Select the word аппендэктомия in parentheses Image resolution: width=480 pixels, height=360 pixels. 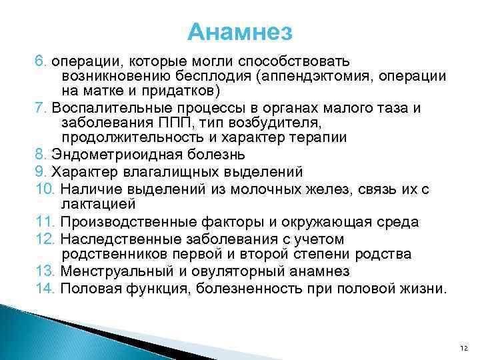coord(309,75)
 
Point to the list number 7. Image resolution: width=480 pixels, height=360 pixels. coord(39,108)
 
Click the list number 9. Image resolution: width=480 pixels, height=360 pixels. coord(39,171)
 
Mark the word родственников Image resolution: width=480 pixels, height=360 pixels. coord(113,254)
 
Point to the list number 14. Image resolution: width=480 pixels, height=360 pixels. coord(44,288)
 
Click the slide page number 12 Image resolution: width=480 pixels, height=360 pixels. coord(465,347)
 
